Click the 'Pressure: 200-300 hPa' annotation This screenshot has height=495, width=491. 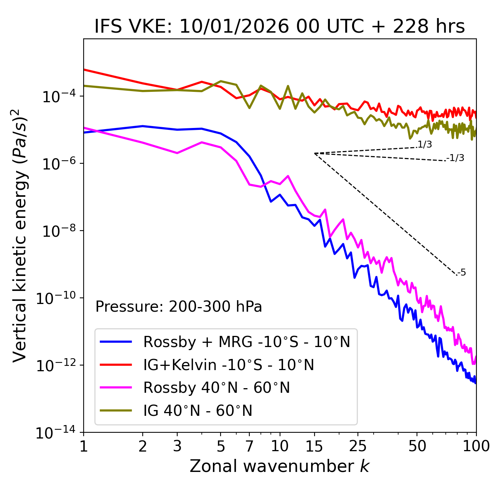179,307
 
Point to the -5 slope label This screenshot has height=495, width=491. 461,272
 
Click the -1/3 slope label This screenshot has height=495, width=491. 456,158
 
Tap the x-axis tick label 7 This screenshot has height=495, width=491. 249,446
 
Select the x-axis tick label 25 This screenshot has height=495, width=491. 358,446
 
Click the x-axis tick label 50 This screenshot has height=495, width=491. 417,446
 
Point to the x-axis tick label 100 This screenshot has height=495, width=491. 476,446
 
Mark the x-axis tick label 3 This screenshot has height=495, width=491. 177,446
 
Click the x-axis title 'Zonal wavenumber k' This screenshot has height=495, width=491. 280,466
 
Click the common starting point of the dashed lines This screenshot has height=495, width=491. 315,153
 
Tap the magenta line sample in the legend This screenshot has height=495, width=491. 116,388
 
